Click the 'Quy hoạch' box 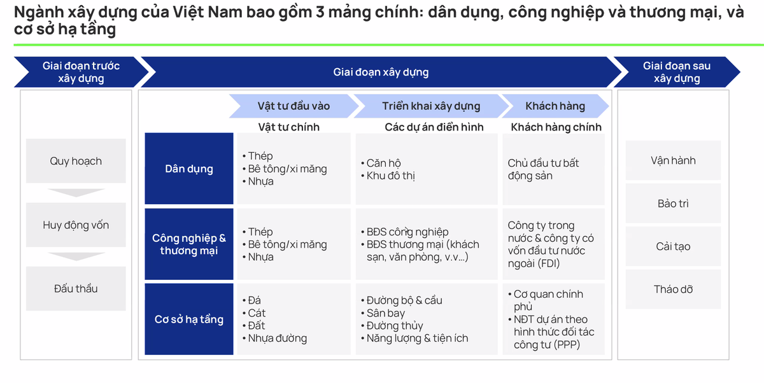[x=76, y=161]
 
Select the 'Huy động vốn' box [x=76, y=225]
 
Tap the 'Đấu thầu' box [x=76, y=289]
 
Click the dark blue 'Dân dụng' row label [x=189, y=169]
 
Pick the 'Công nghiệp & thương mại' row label [x=189, y=244]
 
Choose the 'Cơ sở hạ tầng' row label [x=189, y=319]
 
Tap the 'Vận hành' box [x=673, y=160]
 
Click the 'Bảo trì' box [x=673, y=204]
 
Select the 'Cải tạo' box [x=673, y=246]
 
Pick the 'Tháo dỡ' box [x=673, y=289]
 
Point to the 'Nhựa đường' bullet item [x=277, y=338]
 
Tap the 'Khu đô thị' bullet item [x=390, y=176]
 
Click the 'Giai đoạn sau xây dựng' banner [x=676, y=72]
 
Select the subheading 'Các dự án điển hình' [x=434, y=127]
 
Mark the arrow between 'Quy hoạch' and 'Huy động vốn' [x=76, y=193]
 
